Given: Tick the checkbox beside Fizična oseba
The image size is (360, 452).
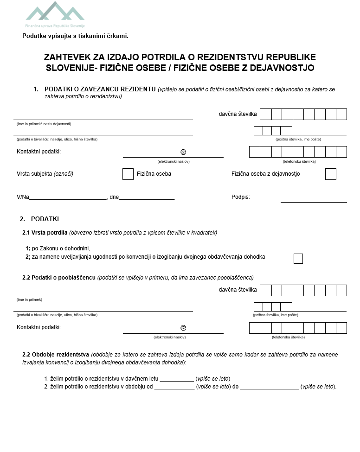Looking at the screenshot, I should [128, 174].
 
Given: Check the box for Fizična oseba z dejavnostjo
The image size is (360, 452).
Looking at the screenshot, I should [330, 174].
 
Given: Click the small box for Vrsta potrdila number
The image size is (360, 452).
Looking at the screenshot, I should [298, 259].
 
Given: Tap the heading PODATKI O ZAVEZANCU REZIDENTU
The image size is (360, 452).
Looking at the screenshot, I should [100, 89].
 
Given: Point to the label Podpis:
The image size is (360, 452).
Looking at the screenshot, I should [240, 197].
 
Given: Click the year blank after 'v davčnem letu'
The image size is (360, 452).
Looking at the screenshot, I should [177, 379].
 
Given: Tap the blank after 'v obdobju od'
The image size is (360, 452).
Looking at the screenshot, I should [174, 387].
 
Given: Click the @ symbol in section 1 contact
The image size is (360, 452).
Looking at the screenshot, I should [183, 152].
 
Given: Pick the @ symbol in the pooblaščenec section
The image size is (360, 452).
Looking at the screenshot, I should [183, 328].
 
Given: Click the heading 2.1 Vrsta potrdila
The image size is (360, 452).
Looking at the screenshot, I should [45, 233].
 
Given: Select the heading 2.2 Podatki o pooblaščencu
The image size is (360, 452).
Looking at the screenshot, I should [59, 278].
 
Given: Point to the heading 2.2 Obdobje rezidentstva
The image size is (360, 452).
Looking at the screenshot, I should [56, 355].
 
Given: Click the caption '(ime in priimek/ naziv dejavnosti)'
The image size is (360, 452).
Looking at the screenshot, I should [44, 124].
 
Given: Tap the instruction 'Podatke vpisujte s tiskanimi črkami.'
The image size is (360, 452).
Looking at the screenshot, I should [75, 36].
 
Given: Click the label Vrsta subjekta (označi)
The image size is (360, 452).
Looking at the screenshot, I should [45, 174].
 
